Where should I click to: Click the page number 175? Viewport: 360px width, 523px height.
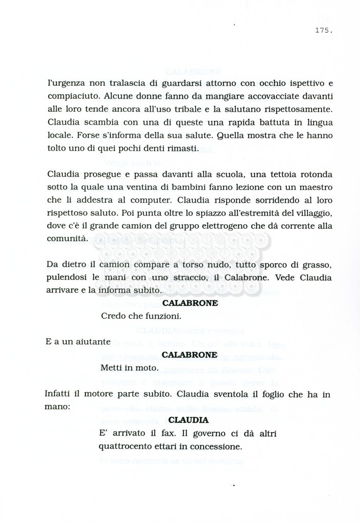point(324,31)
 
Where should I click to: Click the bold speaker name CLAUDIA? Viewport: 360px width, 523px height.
point(188,420)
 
